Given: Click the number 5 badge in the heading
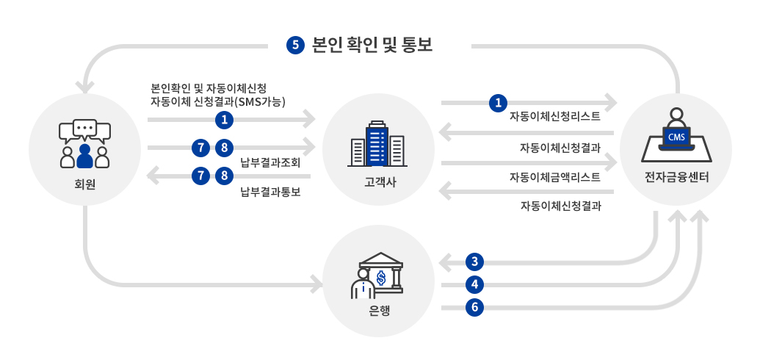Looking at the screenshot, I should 295,45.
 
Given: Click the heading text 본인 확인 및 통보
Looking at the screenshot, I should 372,45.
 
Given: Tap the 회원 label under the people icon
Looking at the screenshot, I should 85,184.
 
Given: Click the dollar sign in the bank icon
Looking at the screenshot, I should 380,277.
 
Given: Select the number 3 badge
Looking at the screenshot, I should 475,262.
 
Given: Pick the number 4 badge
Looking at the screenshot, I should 475,284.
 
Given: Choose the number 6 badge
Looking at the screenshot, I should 475,308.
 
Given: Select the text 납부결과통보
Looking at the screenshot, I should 270,192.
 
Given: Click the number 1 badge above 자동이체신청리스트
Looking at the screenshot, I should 499,103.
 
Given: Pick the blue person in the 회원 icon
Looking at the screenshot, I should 84,156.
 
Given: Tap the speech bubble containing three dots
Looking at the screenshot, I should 85,129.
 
